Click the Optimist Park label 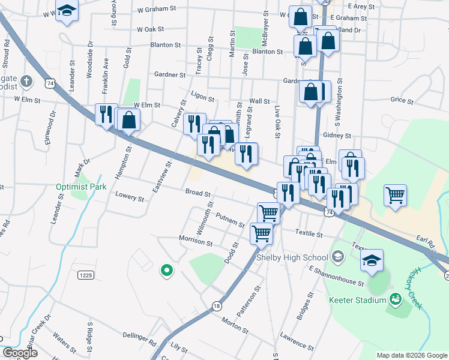click(x=81, y=187)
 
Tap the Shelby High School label click(x=292, y=257)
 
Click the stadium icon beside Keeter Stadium click(x=395, y=298)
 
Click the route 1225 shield click(x=86, y=275)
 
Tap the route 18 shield click(x=217, y=306)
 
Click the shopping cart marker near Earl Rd click(x=395, y=194)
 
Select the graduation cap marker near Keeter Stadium click(x=372, y=260)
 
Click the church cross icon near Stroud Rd click(x=25, y=80)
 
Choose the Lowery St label click(x=130, y=198)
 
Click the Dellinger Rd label click(x=139, y=337)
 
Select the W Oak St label click(x=151, y=29)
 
